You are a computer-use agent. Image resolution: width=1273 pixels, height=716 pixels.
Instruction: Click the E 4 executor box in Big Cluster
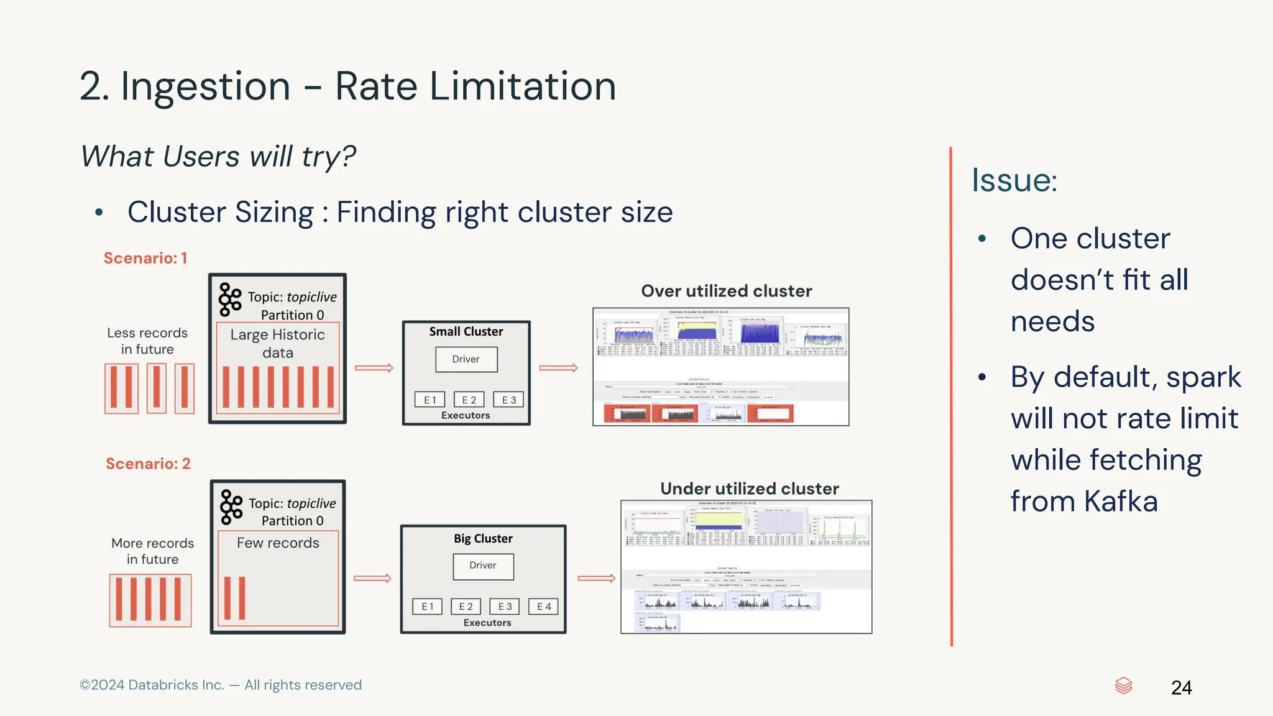[544, 607]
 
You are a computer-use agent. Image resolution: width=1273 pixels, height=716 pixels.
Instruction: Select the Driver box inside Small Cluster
[466, 359]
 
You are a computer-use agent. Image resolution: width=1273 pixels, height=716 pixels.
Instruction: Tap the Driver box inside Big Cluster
[483, 566]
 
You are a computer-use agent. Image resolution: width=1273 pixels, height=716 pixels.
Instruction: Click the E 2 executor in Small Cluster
[469, 400]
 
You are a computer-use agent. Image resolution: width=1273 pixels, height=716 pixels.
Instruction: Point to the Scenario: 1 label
[145, 258]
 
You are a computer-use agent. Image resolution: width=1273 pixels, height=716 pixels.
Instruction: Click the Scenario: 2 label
[148, 464]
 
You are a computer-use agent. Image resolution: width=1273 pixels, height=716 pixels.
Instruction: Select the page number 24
[1181, 687]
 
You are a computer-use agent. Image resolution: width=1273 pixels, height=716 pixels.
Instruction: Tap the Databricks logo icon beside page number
[1123, 686]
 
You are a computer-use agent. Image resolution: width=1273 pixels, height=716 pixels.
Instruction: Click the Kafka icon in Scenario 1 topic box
[230, 300]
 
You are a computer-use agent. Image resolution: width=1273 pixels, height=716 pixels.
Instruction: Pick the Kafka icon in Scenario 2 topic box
[231, 507]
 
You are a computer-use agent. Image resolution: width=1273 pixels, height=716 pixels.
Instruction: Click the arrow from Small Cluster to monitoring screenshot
[558, 368]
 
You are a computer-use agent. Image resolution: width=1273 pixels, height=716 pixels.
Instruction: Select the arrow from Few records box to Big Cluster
[372, 578]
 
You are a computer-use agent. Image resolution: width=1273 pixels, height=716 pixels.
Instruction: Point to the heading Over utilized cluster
[726, 291]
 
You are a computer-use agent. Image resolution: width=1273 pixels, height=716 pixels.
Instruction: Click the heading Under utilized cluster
[749, 489]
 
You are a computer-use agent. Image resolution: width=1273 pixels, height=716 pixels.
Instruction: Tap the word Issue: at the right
[1014, 180]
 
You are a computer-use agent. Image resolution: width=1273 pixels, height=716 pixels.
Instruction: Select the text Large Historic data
[277, 344]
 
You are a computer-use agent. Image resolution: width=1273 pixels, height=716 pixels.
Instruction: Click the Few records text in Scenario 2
[278, 543]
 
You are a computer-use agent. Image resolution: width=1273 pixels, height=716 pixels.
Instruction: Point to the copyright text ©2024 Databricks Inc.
[152, 685]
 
